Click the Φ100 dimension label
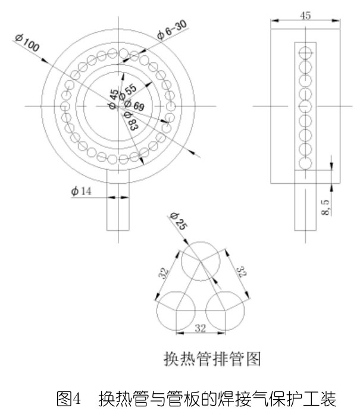coord(27,42)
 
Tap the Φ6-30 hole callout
coord(172,29)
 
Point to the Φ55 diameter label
coord(128,92)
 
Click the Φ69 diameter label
coord(134,105)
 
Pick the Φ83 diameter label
coord(131,121)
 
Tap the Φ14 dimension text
coord(82,190)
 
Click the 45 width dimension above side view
coord(305,15)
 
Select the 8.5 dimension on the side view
coord(325,207)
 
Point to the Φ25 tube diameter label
coord(179,221)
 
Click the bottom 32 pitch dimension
coord(200,328)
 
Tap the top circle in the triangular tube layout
coord(201,261)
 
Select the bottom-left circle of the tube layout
coord(176,310)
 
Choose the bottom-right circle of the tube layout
coord(225,310)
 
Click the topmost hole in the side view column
coord(305,52)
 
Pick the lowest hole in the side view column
coord(305,163)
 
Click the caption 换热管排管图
coord(212,359)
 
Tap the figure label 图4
coord(68,399)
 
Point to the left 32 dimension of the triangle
coord(163,274)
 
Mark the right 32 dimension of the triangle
coord(241,272)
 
